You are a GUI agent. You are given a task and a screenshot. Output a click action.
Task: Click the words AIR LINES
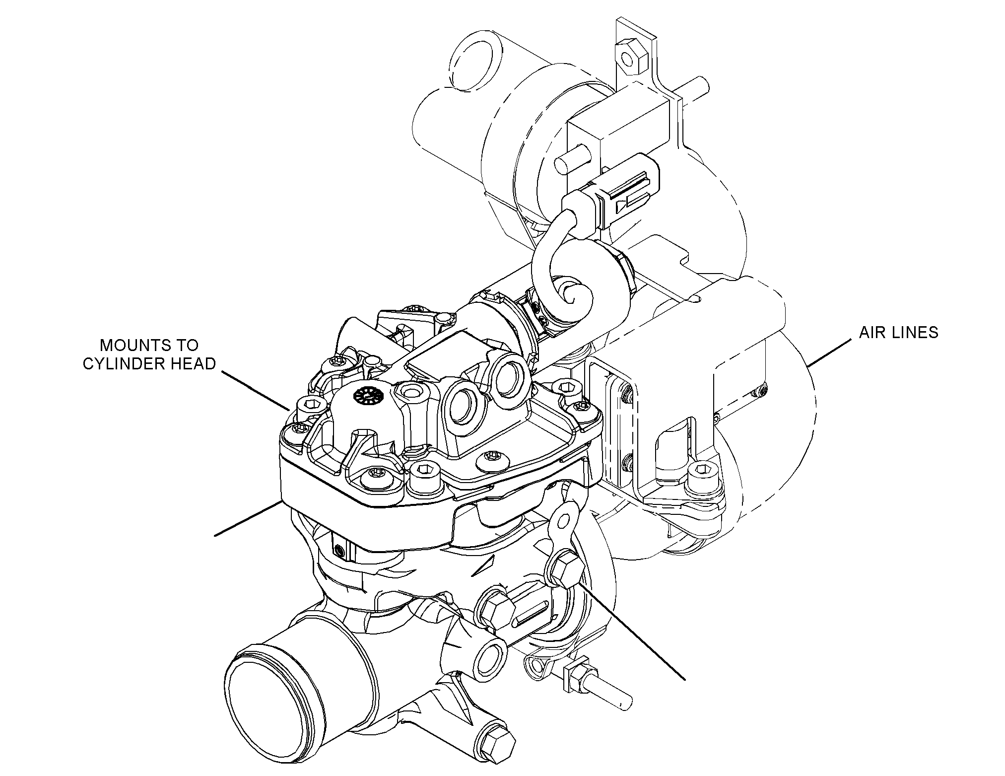pyautogui.click(x=899, y=332)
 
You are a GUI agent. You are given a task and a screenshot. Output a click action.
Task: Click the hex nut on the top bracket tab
pyautogui.click(x=629, y=56)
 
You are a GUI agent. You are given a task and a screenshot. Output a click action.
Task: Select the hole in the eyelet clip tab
pyautogui.click(x=563, y=520)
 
